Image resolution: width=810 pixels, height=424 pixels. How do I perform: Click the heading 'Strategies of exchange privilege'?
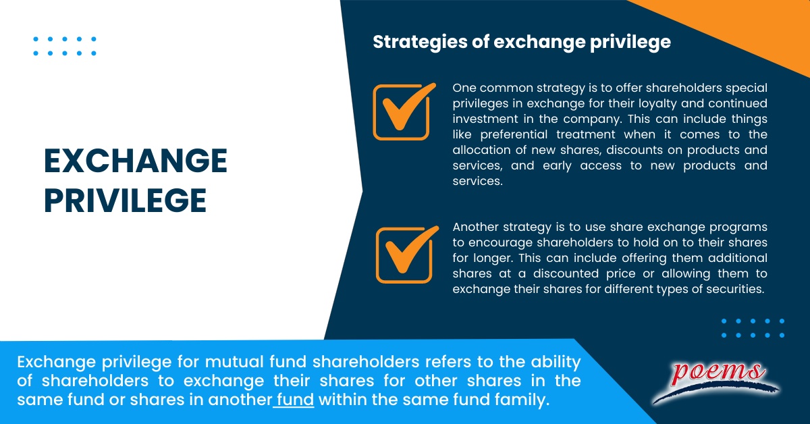(522, 42)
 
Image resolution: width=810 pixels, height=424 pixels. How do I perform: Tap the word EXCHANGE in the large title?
(135, 161)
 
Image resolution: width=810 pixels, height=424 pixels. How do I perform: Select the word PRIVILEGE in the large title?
(125, 201)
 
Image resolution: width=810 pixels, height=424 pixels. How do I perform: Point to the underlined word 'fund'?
(295, 400)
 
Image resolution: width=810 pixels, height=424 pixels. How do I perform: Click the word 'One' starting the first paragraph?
(465, 88)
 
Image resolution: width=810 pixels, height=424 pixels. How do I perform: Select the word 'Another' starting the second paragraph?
(475, 227)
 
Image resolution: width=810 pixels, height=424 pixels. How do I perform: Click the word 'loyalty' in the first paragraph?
(643, 103)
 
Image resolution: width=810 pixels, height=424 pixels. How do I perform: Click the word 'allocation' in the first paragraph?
(483, 150)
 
